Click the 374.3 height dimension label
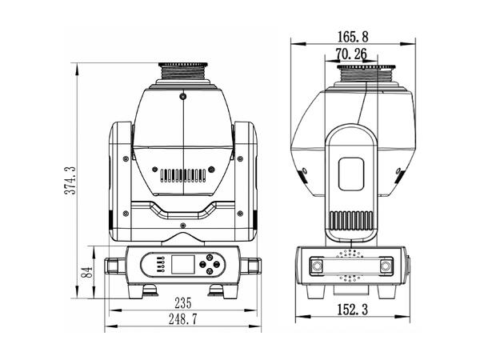[70, 180]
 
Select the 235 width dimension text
[183, 302]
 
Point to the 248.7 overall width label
[183, 319]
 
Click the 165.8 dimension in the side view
[353, 36]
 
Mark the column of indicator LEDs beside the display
[160, 263]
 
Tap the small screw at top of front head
[183, 96]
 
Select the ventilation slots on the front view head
[183, 174]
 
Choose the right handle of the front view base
[256, 265]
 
